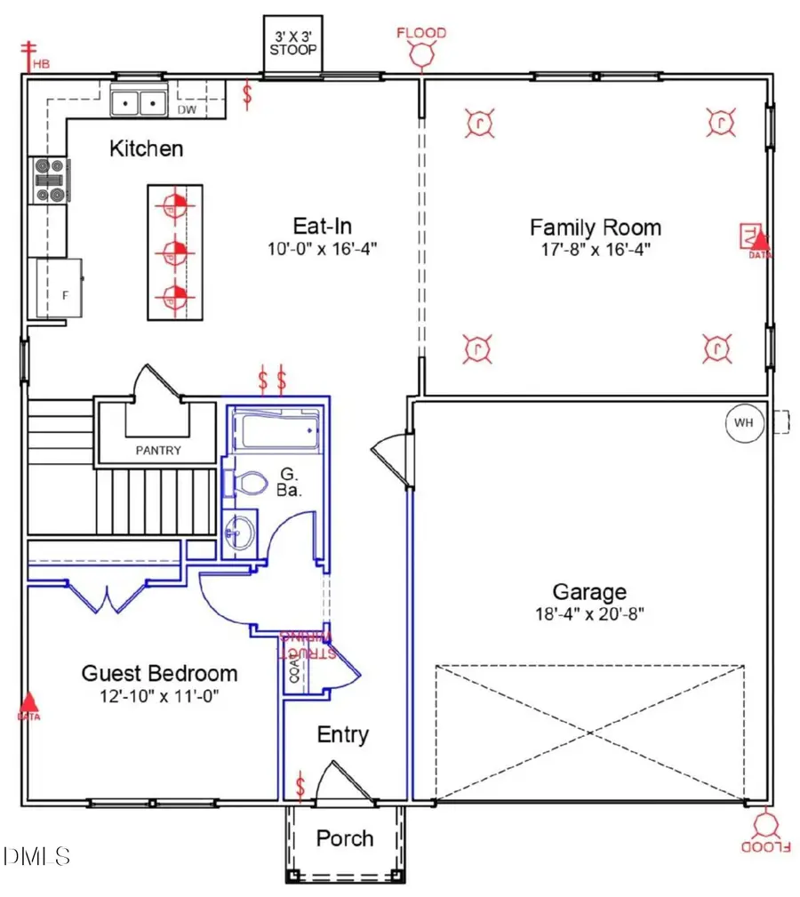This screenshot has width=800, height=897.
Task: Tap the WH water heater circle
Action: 743,422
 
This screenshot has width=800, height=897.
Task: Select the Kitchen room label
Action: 146,148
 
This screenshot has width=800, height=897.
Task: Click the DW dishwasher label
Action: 187,110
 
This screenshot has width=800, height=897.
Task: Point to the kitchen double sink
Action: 140,102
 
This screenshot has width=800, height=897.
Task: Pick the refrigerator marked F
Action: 59,287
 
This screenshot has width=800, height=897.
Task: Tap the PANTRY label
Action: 158,451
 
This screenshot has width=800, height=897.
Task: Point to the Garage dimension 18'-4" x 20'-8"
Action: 590,613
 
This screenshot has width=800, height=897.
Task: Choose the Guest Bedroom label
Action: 160,673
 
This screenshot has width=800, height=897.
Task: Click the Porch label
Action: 345,838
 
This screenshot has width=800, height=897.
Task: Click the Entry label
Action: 343,735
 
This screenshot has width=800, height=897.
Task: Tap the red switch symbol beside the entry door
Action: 300,786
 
